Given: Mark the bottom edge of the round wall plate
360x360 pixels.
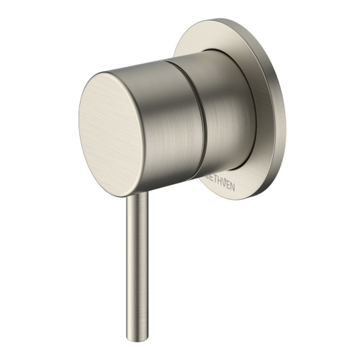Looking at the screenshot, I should click(x=238, y=198).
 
